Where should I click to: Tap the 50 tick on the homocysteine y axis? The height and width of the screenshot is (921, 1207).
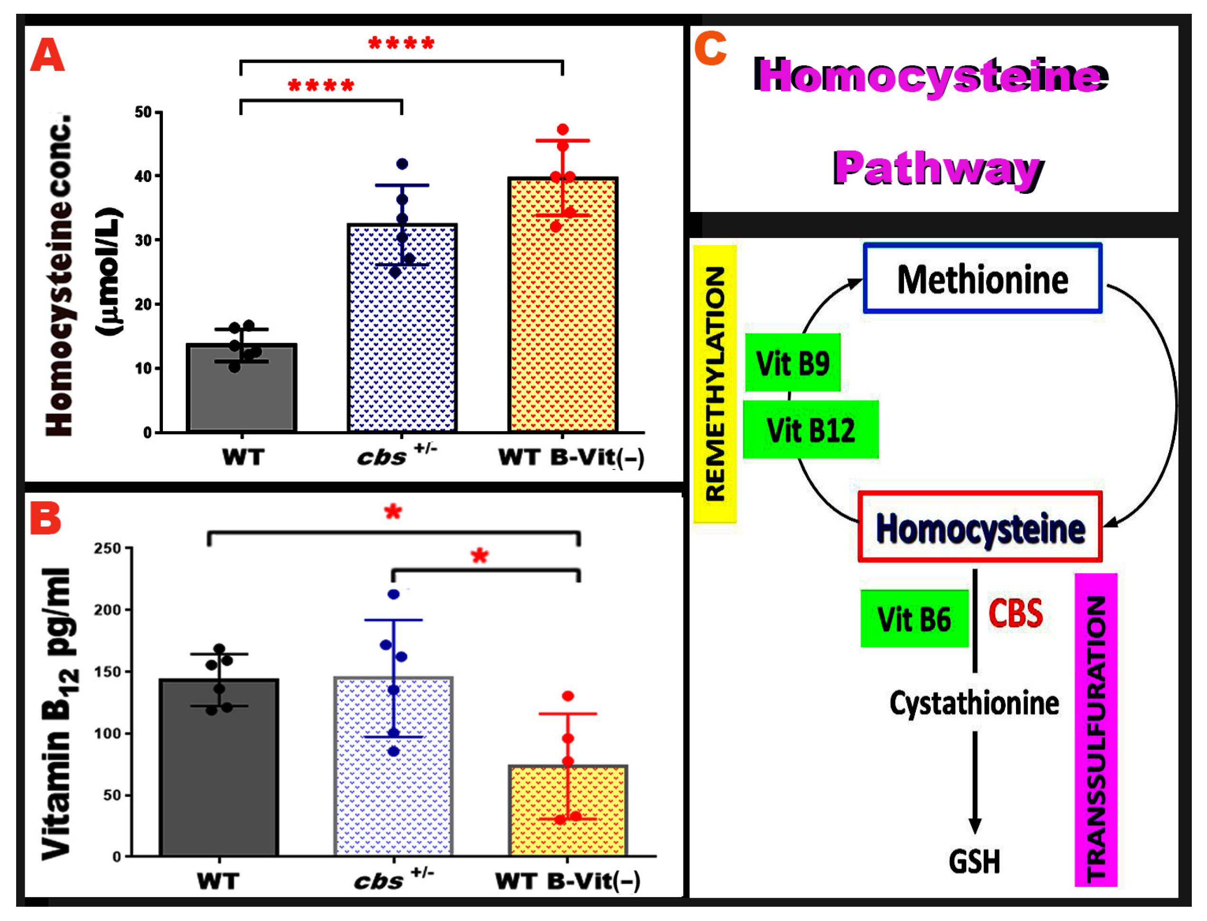[143, 112]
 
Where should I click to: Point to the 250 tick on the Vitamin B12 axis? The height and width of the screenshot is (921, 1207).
[107, 548]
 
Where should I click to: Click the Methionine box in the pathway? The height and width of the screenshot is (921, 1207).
[982, 278]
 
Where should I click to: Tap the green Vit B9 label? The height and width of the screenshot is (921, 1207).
[792, 363]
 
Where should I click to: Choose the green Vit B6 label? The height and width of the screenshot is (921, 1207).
[914, 618]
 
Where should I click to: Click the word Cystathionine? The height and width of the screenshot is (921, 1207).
[974, 703]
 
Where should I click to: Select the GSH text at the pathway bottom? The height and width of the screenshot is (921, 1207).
[974, 861]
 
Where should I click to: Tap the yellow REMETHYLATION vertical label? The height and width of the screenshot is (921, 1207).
[714, 384]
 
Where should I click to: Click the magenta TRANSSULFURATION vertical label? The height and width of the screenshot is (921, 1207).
[1095, 729]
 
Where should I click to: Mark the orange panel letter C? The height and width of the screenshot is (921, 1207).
[710, 48]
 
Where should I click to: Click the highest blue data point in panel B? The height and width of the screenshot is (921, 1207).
[393, 594]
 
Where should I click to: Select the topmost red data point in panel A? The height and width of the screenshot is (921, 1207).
[563, 129]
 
